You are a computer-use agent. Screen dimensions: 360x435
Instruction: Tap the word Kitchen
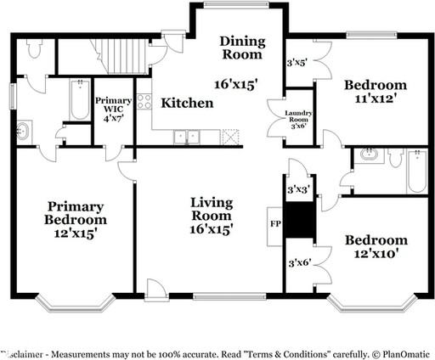187,103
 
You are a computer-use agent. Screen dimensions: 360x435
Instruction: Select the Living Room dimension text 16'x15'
212,228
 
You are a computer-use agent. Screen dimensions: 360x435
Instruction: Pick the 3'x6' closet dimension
299,263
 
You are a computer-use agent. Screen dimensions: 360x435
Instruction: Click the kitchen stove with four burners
144,103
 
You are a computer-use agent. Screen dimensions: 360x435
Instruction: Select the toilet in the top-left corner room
34,50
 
